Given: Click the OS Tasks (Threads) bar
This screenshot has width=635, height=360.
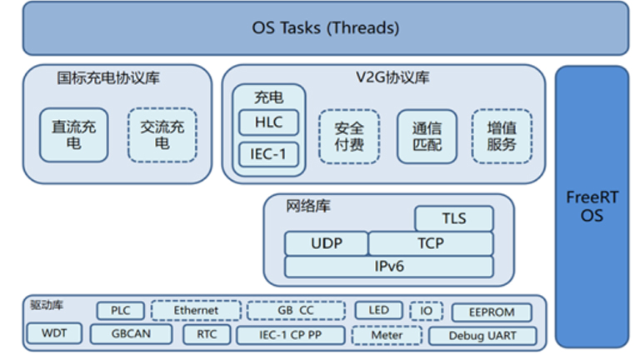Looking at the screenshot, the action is pos(326,28).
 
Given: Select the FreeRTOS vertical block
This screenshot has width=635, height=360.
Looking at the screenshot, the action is pos(592,207).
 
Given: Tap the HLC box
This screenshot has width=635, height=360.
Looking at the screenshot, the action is pos(268,122).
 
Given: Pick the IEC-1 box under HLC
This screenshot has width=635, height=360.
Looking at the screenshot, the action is pos(268,154).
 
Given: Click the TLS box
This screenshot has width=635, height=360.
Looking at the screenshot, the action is pos(454,218).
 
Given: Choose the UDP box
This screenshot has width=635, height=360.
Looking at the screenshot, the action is pos(327,243).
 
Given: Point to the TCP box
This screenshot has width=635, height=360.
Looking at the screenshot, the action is pos(431,243).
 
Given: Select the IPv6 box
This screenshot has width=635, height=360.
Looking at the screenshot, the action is pos(389,267).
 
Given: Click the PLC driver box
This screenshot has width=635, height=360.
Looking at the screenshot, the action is pos(121,311).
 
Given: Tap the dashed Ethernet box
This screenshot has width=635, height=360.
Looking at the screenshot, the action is pos(196,311).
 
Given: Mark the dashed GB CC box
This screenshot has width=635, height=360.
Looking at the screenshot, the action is pos(296,311).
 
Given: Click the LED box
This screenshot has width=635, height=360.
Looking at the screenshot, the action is pos(378,310).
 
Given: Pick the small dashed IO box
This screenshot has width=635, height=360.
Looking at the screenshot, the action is pos(426,311).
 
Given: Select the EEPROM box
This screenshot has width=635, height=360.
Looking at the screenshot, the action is pos(492,312).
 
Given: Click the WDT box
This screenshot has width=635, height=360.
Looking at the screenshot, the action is pos(54,333).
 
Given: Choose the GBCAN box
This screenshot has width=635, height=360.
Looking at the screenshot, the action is pos(131,333).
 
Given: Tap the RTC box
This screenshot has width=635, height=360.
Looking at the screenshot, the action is pos(207,334).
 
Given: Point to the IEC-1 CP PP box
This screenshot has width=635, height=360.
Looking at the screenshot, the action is pos(290,335).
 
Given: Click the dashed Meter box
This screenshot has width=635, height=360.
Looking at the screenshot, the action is pos(387,335).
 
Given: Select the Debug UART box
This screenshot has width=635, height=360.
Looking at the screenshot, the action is pos(482,336).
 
